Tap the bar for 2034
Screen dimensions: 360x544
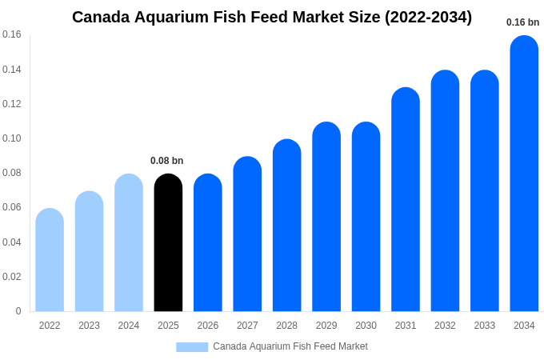524,174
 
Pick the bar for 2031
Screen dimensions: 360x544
406,199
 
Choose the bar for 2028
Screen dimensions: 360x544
286,226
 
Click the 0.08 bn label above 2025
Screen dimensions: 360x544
167,161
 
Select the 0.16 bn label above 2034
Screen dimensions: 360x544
522,22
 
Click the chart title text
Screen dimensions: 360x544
272,17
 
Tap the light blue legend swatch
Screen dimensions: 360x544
192,346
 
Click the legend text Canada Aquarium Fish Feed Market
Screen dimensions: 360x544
290,346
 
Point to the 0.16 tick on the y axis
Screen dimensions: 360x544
12,34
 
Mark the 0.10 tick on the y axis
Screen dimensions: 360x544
12,138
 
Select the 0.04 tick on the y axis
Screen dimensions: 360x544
12,242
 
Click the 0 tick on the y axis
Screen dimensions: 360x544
18,311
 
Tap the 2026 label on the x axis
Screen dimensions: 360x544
208,326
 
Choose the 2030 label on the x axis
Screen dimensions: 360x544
366,326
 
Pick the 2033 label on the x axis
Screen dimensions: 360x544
485,326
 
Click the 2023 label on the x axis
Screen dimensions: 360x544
89,326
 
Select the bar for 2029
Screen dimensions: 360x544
326,217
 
